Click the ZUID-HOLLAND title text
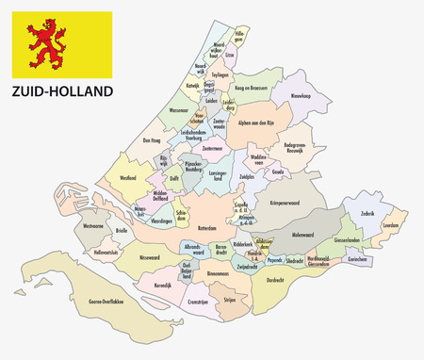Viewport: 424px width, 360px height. (x=61, y=91)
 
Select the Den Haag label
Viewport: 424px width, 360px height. (x=154, y=141)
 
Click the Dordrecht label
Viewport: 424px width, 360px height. (x=275, y=280)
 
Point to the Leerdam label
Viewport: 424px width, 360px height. (x=392, y=225)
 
